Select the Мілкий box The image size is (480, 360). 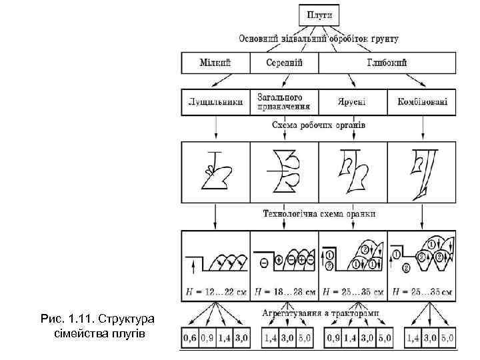tap(215, 63)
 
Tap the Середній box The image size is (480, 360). tap(284, 63)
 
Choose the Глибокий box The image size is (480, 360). tap(387, 63)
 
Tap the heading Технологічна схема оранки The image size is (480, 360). tap(319, 214)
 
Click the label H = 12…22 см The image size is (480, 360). tap(215, 291)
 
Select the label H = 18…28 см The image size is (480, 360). tap(284, 291)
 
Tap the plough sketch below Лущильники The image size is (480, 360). tap(215, 170)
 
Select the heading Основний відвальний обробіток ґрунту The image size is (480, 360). tap(319, 39)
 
